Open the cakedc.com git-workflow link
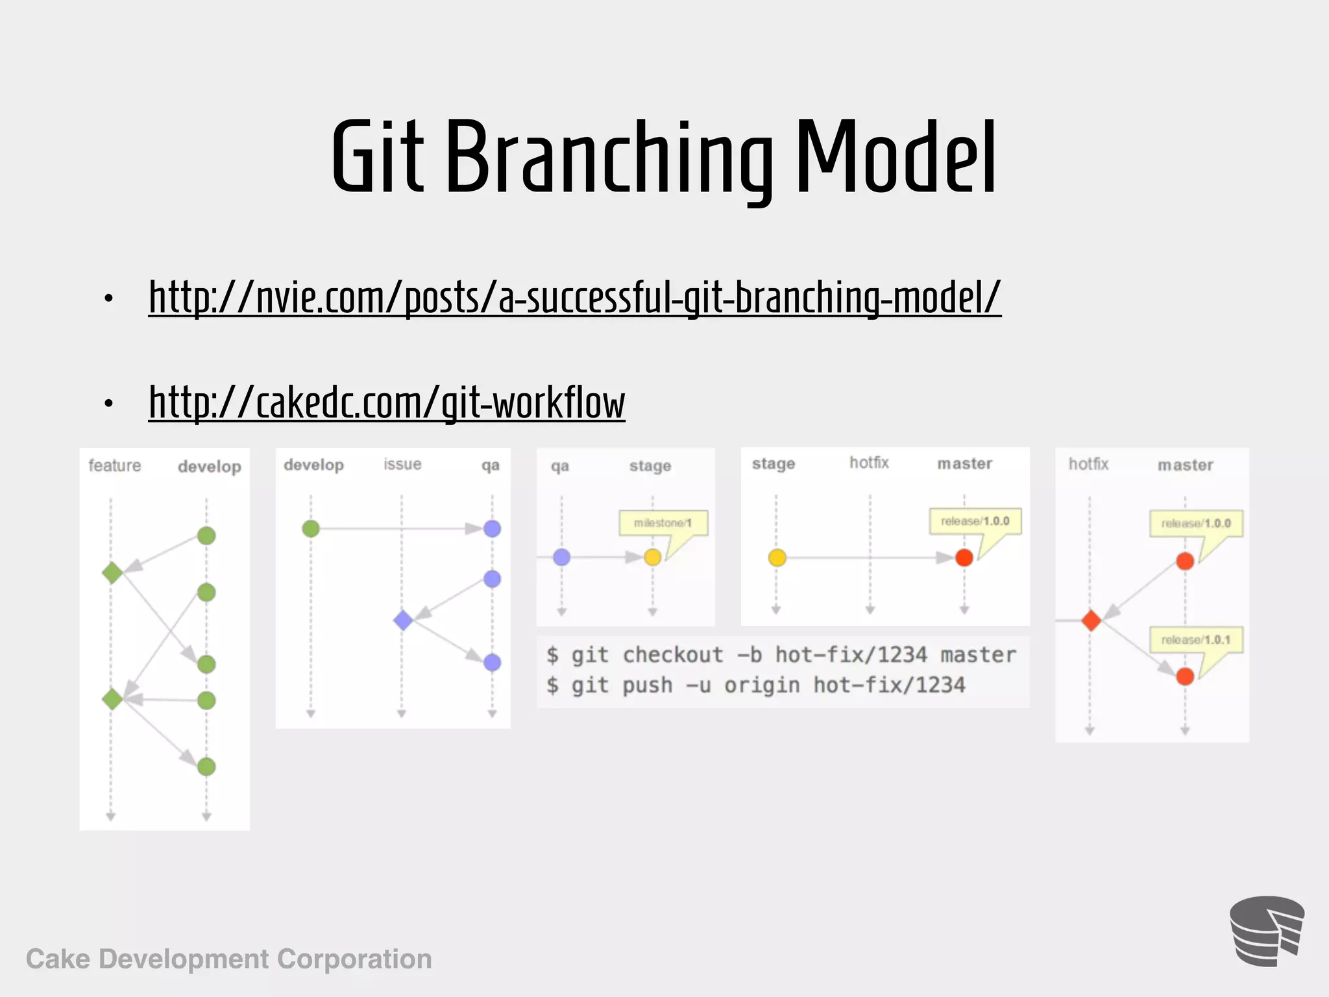pos(387,403)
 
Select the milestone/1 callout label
pos(662,523)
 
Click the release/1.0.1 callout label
pos(1195,639)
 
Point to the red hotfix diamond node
pos(1091,621)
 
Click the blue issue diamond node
pos(403,620)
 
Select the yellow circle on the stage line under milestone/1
pos(653,557)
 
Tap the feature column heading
pos(115,465)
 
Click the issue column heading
pos(402,464)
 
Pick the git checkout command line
pos(781,655)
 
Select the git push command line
pos(756,685)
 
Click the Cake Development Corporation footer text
pos(228,959)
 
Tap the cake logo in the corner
pos(1266,931)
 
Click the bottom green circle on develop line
pos(206,767)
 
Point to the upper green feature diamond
pos(112,572)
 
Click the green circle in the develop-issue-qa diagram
pos(311,528)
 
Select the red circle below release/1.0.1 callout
pos(1185,676)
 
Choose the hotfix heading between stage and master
pos(869,463)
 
